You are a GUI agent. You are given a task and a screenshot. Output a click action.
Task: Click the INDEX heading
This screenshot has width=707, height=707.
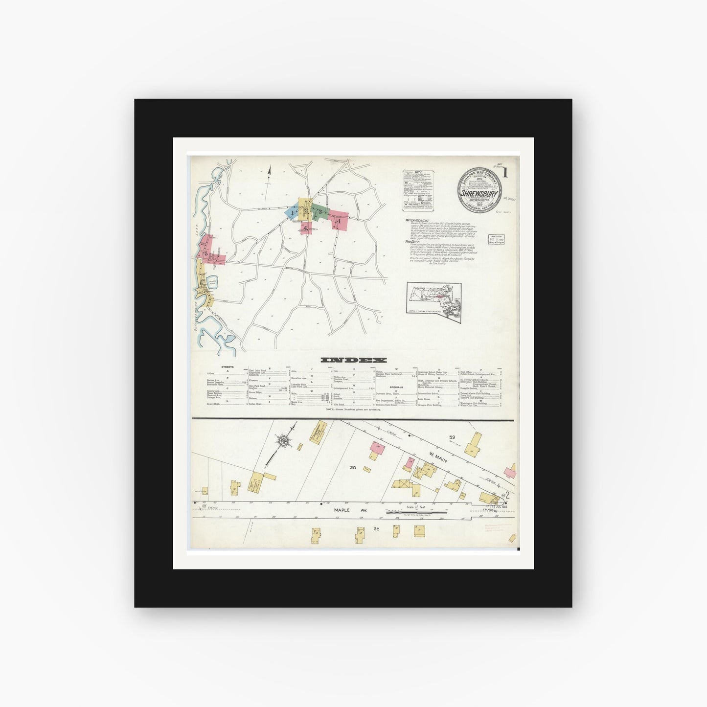pos(353,360)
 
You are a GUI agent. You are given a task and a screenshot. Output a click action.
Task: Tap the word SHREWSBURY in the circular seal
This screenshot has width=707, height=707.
pos(479,192)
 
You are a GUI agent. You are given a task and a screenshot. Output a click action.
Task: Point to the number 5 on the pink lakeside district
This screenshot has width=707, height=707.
pos(206,253)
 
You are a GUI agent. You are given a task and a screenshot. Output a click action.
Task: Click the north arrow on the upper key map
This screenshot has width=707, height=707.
pos(268,176)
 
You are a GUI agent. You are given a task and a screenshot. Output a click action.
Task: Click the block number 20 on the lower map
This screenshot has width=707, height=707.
pos(353,468)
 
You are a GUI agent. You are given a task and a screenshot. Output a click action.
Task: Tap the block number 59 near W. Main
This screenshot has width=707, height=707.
pos(452,436)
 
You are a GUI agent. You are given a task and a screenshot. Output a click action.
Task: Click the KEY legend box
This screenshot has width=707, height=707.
pos(418,190)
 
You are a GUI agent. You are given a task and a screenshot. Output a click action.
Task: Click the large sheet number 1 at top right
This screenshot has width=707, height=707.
pos(504,172)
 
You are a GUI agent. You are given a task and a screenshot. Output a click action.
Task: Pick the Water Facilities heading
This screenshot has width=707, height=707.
pos(415,221)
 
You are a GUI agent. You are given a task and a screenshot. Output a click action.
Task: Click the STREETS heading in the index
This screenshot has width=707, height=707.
pos(227,366)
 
